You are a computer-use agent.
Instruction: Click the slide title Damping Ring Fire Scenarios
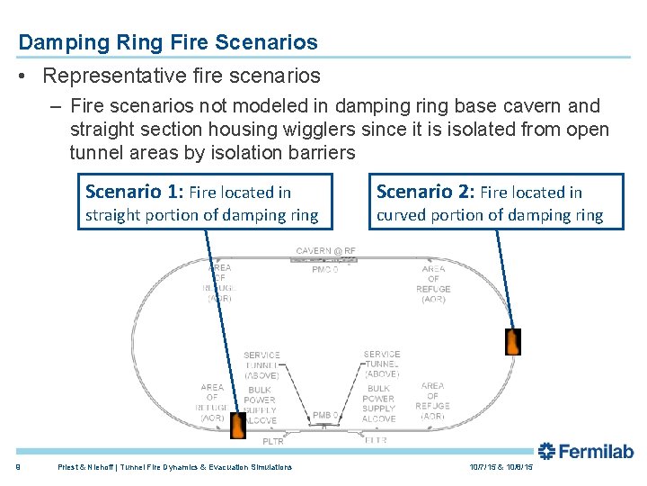point(168,42)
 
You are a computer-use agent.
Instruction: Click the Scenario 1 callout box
point(201,202)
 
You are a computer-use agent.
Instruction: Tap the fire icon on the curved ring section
point(512,342)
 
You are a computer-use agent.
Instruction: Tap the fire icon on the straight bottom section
point(237,426)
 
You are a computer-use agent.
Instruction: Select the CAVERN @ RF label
point(325,250)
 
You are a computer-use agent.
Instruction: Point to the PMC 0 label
point(324,269)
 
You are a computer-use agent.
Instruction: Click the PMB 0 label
point(324,415)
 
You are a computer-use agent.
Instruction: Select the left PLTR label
point(273,442)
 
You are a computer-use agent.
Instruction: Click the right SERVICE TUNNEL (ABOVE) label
point(382,364)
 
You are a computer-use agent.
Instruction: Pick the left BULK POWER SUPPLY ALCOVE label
point(260,405)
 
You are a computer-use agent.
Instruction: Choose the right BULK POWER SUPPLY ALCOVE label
point(378,403)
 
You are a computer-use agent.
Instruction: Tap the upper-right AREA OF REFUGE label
point(433,283)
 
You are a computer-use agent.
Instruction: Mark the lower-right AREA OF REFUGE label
point(432,401)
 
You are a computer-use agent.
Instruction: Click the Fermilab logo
point(586,452)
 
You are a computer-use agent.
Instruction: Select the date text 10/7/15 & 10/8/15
point(501,467)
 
